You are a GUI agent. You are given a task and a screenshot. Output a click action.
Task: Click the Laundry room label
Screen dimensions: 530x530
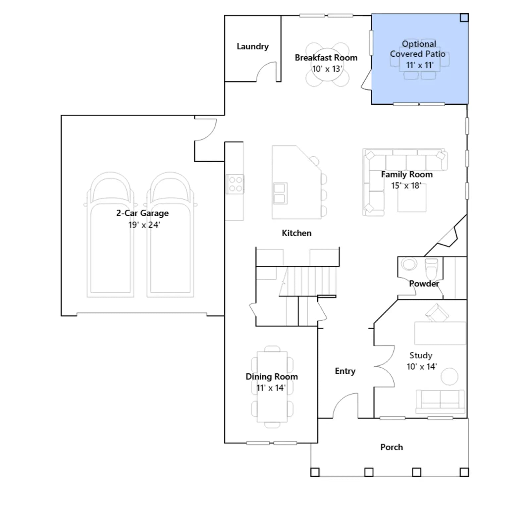click(x=252, y=46)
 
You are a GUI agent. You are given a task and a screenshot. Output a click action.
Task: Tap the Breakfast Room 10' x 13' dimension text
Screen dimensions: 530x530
click(x=327, y=69)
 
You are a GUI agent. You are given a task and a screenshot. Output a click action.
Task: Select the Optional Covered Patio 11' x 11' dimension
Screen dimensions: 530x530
click(x=420, y=65)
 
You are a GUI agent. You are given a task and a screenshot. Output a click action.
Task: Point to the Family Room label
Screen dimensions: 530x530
click(x=407, y=175)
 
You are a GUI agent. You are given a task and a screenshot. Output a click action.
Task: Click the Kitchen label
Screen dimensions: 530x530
click(x=296, y=233)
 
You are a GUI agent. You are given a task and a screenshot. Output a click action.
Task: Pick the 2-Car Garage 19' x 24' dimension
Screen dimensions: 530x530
click(x=144, y=225)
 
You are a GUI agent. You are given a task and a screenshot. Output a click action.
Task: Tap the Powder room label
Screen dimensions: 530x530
click(x=424, y=284)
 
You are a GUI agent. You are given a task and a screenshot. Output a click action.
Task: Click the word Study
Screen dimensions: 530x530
click(x=421, y=355)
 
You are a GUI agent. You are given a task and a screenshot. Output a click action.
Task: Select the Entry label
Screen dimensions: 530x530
click(x=345, y=371)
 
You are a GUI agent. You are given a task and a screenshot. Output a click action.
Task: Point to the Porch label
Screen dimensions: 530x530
click(x=392, y=447)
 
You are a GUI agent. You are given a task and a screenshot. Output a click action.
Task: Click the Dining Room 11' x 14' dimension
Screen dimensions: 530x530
click(x=271, y=388)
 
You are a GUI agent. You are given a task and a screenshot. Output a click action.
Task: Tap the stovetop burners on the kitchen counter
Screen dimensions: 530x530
click(x=235, y=184)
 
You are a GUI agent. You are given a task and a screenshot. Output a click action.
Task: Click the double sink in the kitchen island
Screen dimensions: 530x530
click(x=280, y=193)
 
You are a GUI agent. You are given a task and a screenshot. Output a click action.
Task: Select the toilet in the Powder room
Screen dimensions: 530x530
click(x=431, y=268)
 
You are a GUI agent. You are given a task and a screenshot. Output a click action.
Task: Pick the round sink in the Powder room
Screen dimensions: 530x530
click(x=409, y=264)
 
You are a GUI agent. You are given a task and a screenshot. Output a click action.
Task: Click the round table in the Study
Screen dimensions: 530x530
click(x=450, y=377)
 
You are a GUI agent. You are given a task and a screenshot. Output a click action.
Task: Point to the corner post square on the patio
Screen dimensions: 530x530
click(x=464, y=18)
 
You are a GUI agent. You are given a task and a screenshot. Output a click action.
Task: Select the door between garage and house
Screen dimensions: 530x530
click(x=205, y=129)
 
